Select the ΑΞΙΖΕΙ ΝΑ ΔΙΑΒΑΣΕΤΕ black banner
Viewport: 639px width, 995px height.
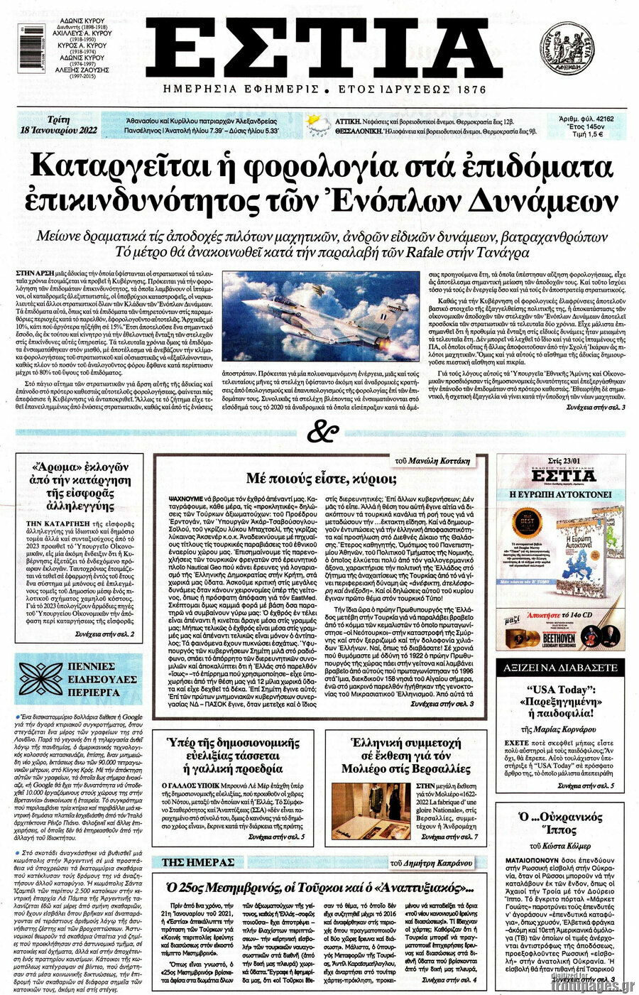point(559,668)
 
